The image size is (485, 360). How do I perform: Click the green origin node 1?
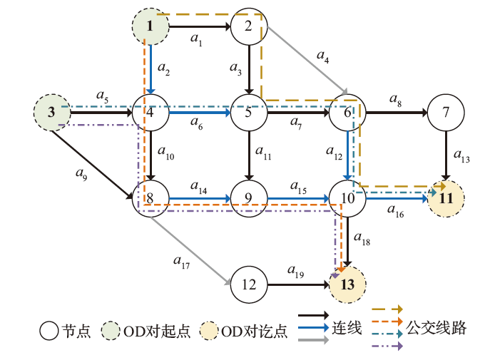pyautogui.click(x=150, y=27)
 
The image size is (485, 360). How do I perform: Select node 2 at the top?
pyautogui.click(x=248, y=27)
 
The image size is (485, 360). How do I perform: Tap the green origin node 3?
pyautogui.click(x=52, y=112)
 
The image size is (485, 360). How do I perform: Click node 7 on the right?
pyautogui.click(x=446, y=112)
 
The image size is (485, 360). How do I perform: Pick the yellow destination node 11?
pyautogui.click(x=446, y=198)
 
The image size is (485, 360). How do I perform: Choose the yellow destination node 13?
pyautogui.click(x=347, y=284)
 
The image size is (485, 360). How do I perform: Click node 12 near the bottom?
pyautogui.click(x=248, y=284)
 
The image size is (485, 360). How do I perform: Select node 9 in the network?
pyautogui.click(x=248, y=198)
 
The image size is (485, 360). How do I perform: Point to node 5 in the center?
pyautogui.click(x=248, y=112)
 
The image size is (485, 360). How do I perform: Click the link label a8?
pyautogui.click(x=395, y=102)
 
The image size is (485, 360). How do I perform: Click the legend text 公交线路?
pyautogui.click(x=436, y=328)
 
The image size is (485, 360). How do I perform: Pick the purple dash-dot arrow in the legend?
pyautogui.click(x=387, y=345)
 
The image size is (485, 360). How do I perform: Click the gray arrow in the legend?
pyautogui.click(x=313, y=341)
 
